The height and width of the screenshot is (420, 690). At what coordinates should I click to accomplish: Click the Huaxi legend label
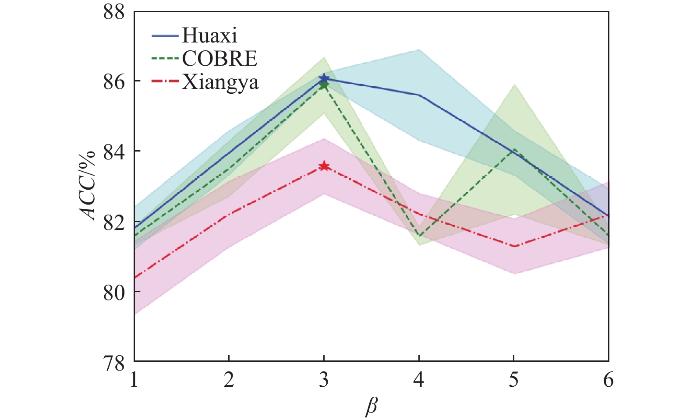click(x=209, y=35)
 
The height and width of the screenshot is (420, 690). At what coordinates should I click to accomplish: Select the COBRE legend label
click(x=219, y=59)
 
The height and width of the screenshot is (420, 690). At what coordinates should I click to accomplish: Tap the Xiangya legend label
click(x=220, y=82)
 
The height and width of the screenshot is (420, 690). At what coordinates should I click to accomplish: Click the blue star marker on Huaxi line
click(x=324, y=78)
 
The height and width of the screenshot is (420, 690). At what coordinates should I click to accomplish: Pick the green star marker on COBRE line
click(x=324, y=85)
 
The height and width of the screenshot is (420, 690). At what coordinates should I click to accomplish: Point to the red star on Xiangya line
click(x=324, y=166)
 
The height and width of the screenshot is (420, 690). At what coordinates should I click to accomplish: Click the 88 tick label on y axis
click(x=114, y=12)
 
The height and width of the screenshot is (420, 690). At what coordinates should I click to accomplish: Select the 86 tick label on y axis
click(x=114, y=81)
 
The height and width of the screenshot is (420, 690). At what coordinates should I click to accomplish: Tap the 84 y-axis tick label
click(x=114, y=152)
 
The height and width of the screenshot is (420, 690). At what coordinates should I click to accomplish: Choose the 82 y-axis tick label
click(x=114, y=222)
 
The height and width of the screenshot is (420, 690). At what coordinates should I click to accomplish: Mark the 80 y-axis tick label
click(x=114, y=292)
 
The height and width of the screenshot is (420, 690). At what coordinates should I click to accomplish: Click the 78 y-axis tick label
click(x=114, y=361)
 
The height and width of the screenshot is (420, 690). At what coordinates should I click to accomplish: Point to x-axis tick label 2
click(x=229, y=380)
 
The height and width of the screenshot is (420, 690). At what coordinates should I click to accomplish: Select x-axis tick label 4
click(x=419, y=380)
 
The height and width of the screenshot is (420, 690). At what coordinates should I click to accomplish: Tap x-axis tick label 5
click(x=513, y=380)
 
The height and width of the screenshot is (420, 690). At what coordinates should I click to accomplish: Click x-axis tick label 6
click(x=608, y=380)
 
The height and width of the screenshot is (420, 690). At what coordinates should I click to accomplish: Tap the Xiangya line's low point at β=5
click(x=514, y=246)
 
